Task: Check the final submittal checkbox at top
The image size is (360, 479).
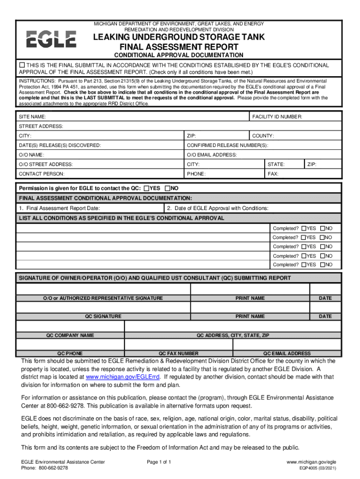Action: (22, 65)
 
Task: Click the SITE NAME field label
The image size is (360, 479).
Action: (32, 116)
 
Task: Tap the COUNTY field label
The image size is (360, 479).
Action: (263, 136)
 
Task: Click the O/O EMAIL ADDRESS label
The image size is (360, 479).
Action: (212, 155)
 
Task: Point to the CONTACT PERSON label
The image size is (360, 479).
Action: (42, 174)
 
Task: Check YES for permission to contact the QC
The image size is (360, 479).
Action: (146, 189)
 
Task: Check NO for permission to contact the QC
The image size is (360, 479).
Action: (167, 189)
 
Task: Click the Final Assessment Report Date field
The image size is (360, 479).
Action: (59, 208)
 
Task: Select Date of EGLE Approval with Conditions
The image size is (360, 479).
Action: (218, 208)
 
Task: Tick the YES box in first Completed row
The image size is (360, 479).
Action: (304, 228)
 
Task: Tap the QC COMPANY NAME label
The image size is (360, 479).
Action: (70, 335)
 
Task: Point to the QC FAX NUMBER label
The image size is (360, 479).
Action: (179, 354)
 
